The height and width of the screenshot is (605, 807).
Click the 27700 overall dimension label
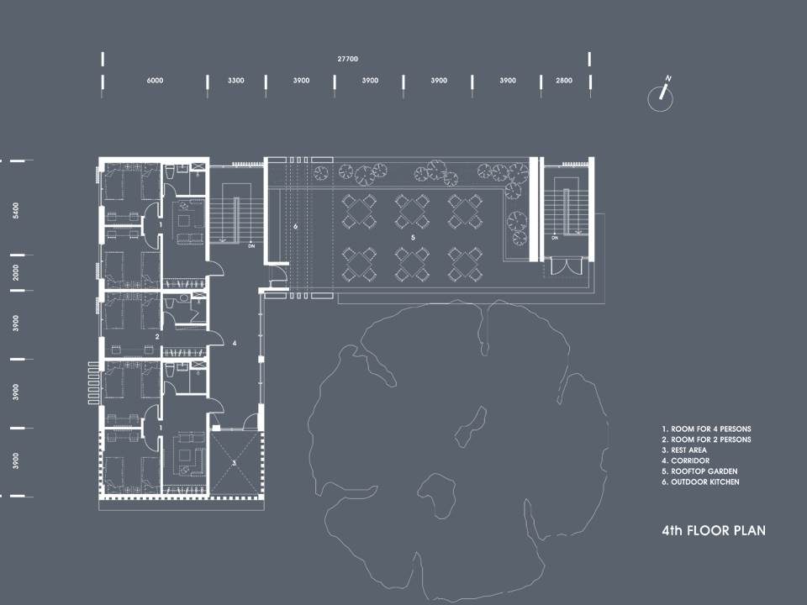347,59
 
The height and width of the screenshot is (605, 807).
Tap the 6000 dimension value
155,81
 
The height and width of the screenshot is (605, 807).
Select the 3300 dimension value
235,81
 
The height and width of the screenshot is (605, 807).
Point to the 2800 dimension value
563,81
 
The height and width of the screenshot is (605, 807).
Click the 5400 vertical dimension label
16,210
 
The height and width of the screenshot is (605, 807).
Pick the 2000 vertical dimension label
16,272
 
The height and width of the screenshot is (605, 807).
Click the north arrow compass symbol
662,95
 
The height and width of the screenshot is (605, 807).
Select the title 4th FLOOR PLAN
714,530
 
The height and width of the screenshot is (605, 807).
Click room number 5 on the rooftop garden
413,238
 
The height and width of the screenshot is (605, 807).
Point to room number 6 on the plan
295,226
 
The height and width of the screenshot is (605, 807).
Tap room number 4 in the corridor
235,343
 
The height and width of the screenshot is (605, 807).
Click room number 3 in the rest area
234,463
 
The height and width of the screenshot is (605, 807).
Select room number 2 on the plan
157,337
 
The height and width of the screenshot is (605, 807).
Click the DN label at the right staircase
555,238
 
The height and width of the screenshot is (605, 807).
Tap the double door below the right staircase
566,266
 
